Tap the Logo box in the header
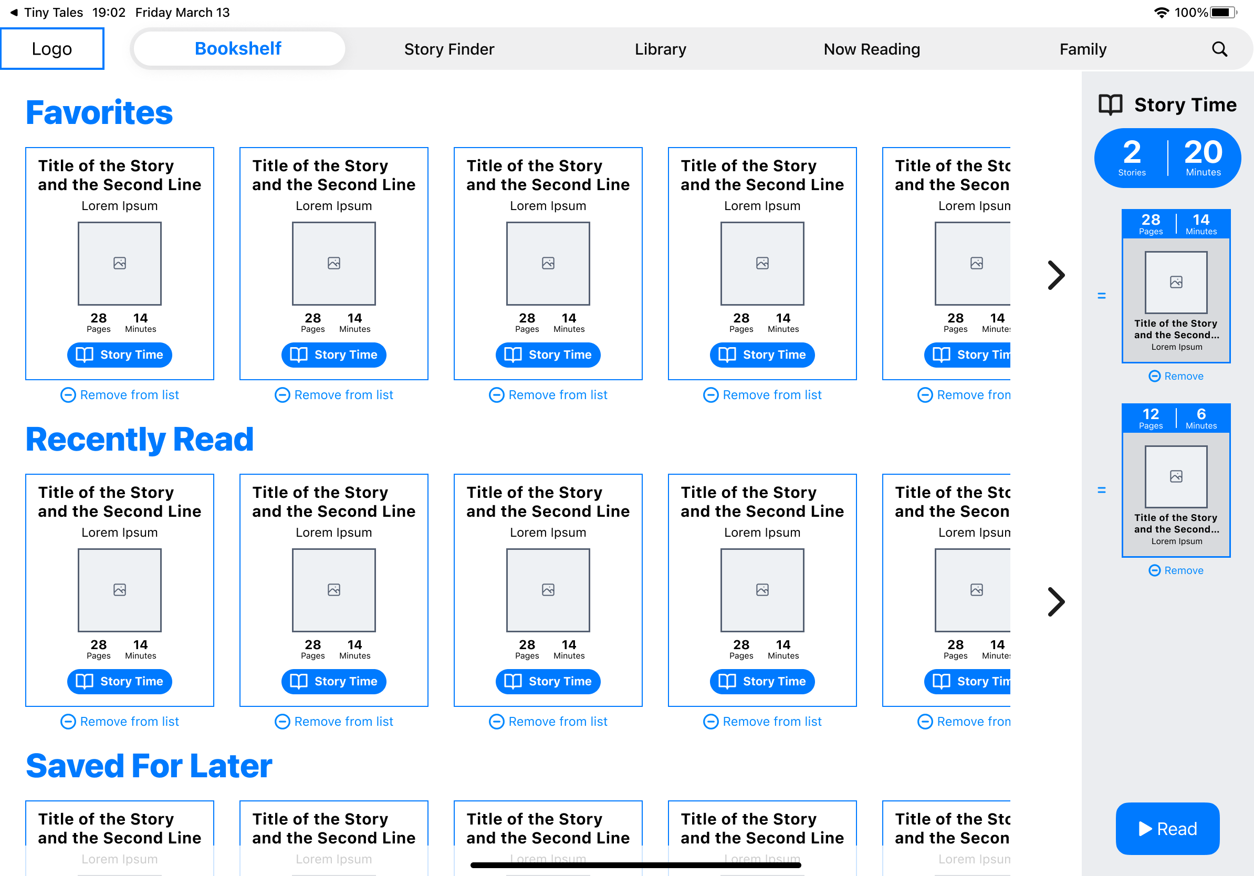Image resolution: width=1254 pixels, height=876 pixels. click(x=52, y=49)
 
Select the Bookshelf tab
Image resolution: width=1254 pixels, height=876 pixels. click(x=238, y=49)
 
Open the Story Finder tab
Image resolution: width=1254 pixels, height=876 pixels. click(x=449, y=49)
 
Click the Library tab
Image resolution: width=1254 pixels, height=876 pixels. click(x=660, y=49)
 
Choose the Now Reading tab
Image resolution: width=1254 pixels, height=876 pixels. click(x=872, y=49)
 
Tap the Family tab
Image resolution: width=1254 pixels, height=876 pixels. click(x=1082, y=49)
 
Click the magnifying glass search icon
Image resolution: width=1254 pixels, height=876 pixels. click(x=1219, y=49)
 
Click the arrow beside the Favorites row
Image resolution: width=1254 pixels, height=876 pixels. click(x=1056, y=275)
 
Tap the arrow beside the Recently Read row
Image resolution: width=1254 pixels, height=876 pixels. click(x=1056, y=602)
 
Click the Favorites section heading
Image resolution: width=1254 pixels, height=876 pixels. click(x=99, y=112)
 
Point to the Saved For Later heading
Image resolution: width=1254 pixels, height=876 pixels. click(x=149, y=766)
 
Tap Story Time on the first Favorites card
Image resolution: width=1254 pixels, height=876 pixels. click(x=120, y=354)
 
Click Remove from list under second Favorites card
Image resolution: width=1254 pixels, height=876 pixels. click(x=333, y=395)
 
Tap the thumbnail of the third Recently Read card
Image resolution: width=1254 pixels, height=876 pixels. click(x=548, y=590)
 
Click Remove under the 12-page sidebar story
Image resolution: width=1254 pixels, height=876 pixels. click(x=1176, y=570)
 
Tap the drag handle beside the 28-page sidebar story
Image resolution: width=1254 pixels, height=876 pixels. click(x=1101, y=296)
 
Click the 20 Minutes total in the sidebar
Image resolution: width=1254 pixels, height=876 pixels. click(x=1203, y=157)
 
